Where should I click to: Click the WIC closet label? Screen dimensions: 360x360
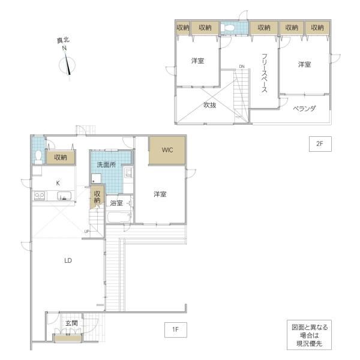[x=167, y=150]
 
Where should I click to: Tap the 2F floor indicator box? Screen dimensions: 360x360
[x=320, y=144]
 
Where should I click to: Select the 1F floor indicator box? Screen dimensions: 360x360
[x=176, y=329]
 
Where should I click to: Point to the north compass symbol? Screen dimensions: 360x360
[x=67, y=65]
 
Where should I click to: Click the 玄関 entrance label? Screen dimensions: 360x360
[x=71, y=323]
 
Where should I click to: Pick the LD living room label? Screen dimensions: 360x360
[x=68, y=260]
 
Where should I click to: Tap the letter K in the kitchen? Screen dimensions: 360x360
[x=58, y=183]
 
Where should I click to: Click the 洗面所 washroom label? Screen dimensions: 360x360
[x=106, y=164]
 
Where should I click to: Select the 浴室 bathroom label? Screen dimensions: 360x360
[x=116, y=203]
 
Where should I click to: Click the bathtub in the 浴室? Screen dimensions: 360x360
[x=119, y=217]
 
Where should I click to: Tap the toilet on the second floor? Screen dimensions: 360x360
[x=228, y=28]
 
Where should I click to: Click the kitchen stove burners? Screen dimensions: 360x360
[x=39, y=196]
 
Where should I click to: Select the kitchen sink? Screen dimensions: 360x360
[x=64, y=196]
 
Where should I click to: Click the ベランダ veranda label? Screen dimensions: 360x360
[x=304, y=109]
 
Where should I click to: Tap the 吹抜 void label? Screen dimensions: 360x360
[x=210, y=105]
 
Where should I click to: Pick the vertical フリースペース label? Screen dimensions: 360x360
[x=265, y=73]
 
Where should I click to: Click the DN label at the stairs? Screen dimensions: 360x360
[x=242, y=67]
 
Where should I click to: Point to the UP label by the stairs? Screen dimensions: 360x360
[x=86, y=232]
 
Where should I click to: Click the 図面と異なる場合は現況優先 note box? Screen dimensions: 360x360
[x=309, y=335]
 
